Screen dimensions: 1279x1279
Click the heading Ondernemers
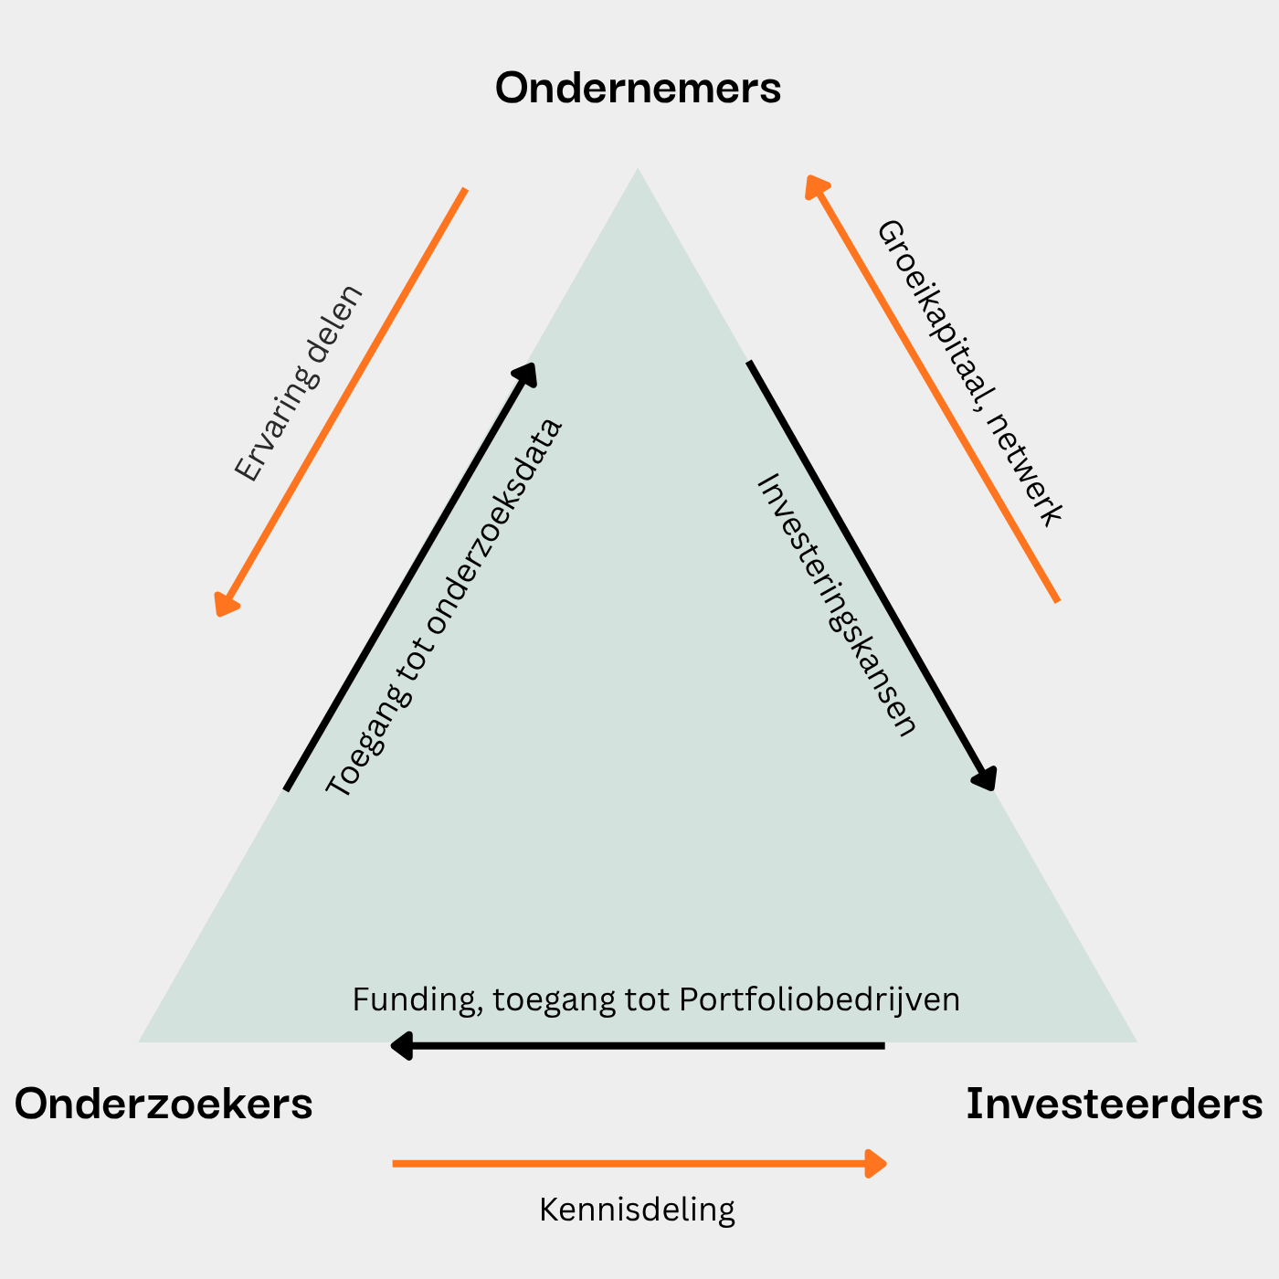pyautogui.click(x=638, y=89)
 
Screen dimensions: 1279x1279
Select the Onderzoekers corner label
pyautogui.click(x=164, y=1104)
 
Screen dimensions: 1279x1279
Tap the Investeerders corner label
pyautogui.click(x=1115, y=1104)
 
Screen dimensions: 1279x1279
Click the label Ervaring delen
pyautogui.click(x=298, y=384)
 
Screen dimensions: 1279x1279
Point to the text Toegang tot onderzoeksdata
pyautogui.click(x=444, y=608)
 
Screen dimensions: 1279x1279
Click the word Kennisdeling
pyautogui.click(x=637, y=1210)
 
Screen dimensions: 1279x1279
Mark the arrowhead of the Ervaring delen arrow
pyautogui.click(x=224, y=606)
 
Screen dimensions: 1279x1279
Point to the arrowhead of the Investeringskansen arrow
pyautogui.click(x=986, y=778)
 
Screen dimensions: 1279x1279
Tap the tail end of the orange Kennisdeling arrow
pyautogui.click(x=395, y=1163)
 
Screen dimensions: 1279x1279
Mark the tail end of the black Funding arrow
pyautogui.click(x=883, y=1045)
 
